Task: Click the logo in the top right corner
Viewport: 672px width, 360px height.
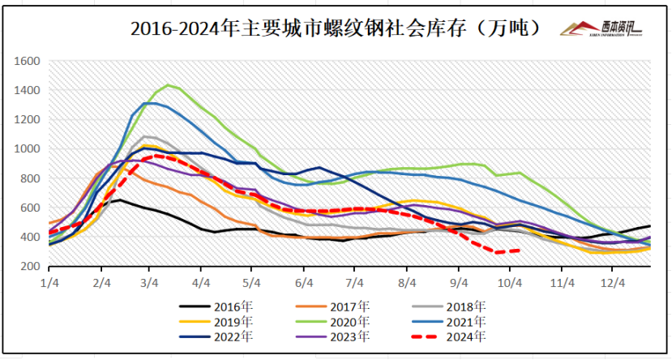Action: click(600, 29)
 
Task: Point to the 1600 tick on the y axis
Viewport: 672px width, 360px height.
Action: click(28, 61)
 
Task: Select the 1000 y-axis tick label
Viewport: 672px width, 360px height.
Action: click(28, 149)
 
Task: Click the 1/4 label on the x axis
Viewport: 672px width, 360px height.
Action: click(50, 283)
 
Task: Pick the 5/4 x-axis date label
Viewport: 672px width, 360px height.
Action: click(253, 283)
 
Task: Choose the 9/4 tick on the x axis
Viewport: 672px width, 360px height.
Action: click(459, 283)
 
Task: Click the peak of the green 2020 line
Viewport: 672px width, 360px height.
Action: click(168, 84)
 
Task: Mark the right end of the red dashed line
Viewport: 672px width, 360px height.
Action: click(519, 251)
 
